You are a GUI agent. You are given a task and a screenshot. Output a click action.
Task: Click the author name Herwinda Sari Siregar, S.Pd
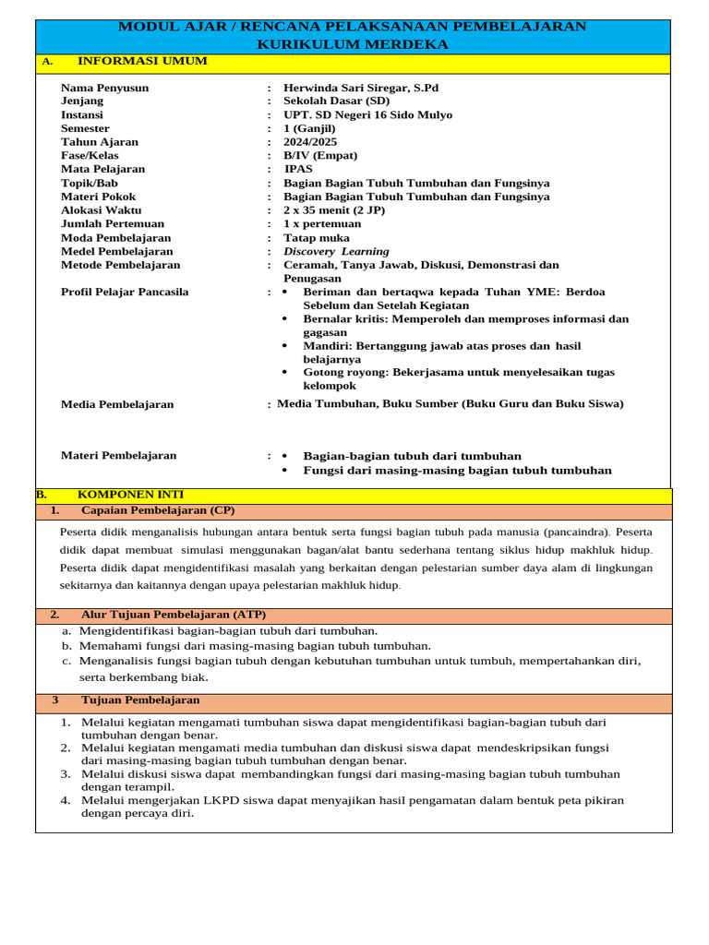[361, 88]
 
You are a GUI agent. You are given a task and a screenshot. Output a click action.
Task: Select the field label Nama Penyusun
[104, 88]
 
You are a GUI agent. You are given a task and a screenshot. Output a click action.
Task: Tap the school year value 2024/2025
[310, 142]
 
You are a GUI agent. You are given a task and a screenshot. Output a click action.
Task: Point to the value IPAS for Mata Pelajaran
[298, 169]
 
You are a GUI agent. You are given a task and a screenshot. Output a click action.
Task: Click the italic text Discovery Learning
[336, 251]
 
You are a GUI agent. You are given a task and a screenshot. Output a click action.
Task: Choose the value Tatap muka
[317, 237]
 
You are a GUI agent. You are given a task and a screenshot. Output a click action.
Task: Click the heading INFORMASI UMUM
[142, 61]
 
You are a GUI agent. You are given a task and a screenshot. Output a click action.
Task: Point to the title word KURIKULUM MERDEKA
[353, 44]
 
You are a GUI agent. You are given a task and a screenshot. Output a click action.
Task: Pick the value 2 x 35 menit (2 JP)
[334, 210]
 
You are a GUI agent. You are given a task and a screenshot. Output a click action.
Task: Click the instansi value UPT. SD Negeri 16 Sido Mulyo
[367, 115]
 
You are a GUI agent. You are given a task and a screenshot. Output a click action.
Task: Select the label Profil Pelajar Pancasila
[125, 292]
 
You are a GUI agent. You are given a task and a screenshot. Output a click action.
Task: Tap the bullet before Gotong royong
[285, 372]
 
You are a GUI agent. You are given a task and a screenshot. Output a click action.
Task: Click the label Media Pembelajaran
[117, 404]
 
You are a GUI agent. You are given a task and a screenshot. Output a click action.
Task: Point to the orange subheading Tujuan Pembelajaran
[140, 700]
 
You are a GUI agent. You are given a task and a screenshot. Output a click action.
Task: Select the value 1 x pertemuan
[322, 223]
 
